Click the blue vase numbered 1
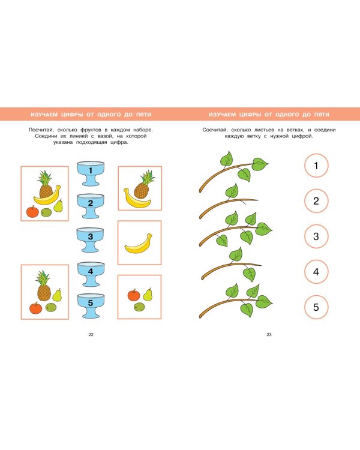[x=91, y=173]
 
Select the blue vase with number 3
[x=90, y=239]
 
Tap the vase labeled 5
[x=91, y=305]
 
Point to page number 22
[x=91, y=334]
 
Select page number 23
[x=269, y=334]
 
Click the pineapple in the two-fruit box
[x=143, y=185]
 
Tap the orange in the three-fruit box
[x=134, y=295]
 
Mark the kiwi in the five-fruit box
[x=46, y=212]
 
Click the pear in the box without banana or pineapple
[x=148, y=295]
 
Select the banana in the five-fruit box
[x=47, y=197]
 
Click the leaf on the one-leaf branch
[x=232, y=191]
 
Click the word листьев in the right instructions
[x=264, y=130]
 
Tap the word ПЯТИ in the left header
[x=143, y=115]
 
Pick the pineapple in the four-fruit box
[x=44, y=286]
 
